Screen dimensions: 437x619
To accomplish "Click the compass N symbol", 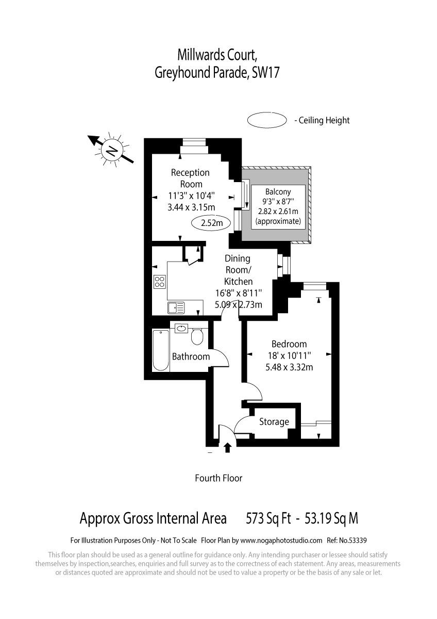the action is point(111,151).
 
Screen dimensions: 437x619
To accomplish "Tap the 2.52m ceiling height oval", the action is point(211,222).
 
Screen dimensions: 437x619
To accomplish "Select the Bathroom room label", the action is point(191,356).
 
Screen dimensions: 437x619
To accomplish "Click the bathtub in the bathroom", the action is point(161,350).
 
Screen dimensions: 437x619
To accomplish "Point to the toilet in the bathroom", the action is point(197,336).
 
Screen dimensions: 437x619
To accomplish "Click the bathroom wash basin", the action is point(181,328).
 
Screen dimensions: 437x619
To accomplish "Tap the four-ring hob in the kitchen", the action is point(160,282).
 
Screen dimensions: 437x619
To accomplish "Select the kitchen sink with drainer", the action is point(176,308).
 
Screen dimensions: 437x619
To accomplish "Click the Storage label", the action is point(274,422).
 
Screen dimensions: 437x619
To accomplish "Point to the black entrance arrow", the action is point(227,447).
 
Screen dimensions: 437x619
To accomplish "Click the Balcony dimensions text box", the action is point(278,207).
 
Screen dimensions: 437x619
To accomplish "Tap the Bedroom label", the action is point(289,344).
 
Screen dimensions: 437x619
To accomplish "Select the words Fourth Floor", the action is point(218,478).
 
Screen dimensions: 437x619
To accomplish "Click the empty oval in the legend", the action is point(266,120).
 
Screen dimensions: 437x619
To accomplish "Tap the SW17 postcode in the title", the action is point(265,72).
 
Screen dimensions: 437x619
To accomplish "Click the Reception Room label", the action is point(191,178).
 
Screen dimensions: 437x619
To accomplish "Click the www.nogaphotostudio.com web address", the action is point(281,541).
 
